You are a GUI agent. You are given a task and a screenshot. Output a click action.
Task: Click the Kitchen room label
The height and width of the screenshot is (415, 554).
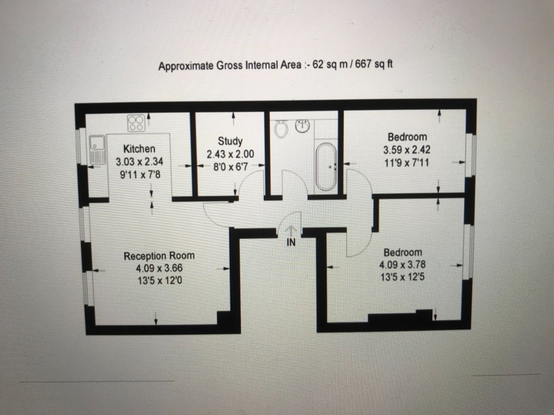(139, 149)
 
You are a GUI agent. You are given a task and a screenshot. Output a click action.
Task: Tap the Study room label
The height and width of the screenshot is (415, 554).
(230, 141)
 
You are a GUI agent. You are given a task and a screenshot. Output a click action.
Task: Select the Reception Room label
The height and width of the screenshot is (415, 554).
(159, 256)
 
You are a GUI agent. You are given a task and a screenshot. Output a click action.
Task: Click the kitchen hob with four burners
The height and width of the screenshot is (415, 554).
(136, 123)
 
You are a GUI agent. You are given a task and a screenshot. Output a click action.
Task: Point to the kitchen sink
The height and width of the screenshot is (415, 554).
(97, 150)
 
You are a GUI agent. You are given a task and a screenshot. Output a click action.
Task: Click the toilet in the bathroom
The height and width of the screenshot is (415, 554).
(281, 129)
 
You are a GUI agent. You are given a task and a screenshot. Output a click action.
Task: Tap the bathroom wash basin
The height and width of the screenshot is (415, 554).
(303, 126)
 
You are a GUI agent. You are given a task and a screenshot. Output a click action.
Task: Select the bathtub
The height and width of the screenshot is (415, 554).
(326, 166)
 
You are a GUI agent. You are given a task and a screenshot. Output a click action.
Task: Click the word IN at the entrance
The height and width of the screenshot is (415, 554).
(291, 243)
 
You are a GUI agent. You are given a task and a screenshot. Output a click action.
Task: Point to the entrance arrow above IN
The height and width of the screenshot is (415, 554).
(291, 231)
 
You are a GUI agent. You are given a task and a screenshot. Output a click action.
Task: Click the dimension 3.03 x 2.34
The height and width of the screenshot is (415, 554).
(139, 162)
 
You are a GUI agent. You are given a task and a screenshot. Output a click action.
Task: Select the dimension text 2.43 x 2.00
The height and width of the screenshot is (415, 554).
(230, 154)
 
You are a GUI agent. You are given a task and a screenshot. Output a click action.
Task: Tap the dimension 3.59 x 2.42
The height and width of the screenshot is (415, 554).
(407, 150)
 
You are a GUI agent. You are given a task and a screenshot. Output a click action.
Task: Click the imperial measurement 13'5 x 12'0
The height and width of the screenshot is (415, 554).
(160, 280)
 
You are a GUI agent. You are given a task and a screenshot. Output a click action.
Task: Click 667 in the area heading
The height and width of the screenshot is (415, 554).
(363, 64)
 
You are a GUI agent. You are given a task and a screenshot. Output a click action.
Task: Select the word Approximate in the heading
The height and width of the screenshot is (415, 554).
(186, 66)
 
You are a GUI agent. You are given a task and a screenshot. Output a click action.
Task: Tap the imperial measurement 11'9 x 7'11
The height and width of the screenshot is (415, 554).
(406, 163)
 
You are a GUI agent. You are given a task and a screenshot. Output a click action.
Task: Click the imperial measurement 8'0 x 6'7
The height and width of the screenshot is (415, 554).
(231, 167)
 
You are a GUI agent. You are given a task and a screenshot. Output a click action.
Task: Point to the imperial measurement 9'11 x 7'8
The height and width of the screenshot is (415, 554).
(140, 175)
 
